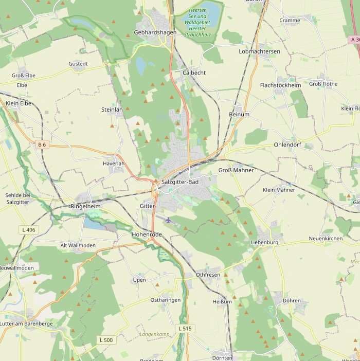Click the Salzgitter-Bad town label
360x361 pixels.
click(179, 183)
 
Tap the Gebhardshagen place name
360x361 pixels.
click(155, 32)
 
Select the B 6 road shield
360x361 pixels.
click(42, 145)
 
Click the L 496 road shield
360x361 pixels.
click(29, 229)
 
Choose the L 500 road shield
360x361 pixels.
click(106, 340)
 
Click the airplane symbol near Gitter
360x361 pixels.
click(168, 220)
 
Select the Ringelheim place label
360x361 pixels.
click(85, 206)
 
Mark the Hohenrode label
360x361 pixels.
click(147, 234)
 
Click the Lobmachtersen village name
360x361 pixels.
click(259, 52)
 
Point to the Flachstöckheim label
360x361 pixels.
click(280, 85)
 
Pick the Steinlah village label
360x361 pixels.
click(112, 110)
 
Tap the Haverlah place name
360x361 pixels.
click(114, 164)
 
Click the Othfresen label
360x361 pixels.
click(208, 275)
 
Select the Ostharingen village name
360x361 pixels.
click(165, 300)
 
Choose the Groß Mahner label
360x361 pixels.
click(236, 170)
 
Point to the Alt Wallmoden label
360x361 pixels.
click(78, 246)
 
